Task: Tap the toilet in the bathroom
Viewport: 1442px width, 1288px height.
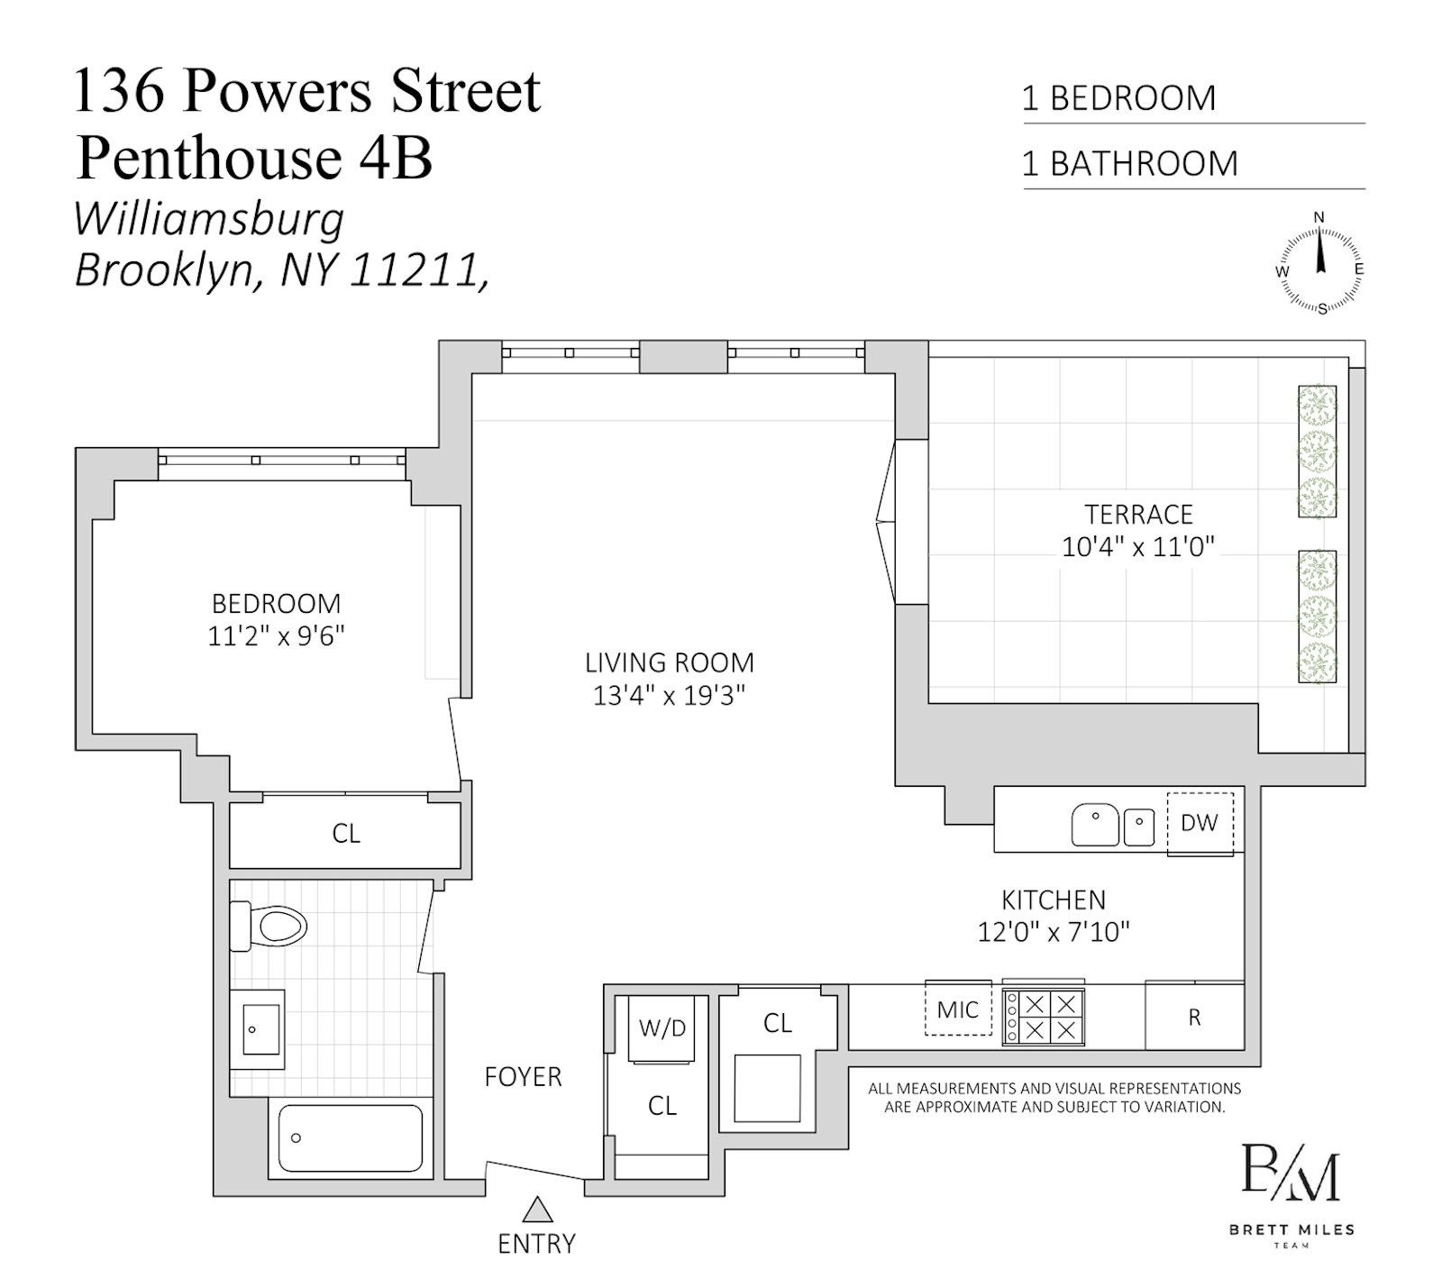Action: pos(270,926)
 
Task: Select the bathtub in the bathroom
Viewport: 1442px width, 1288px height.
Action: pos(350,1137)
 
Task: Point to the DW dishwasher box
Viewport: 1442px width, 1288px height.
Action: pos(1200,823)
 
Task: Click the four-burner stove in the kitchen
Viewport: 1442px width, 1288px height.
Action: pos(1044,1017)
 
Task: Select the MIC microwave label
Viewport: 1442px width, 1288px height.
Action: pos(958,1009)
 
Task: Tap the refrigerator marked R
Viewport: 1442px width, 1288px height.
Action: pos(1194,1018)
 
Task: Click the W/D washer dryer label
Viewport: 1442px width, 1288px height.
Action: pos(662,1028)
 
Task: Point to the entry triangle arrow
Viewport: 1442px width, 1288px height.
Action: pos(537,1209)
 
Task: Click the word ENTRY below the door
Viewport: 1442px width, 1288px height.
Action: pos(536,1244)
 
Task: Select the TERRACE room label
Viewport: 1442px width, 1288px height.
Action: pos(1138,515)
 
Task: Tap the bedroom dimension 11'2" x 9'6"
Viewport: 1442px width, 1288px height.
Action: pos(277,636)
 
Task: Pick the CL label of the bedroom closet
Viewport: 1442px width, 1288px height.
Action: pos(346,834)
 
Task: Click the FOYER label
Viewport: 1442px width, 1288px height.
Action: pos(523,1077)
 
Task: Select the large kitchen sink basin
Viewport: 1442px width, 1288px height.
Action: pos(1095,825)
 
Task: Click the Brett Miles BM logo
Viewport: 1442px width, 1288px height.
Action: pos(1291,1173)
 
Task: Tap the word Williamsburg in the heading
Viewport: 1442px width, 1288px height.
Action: pos(209,220)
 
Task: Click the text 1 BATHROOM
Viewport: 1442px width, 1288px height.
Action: pos(1129,164)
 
